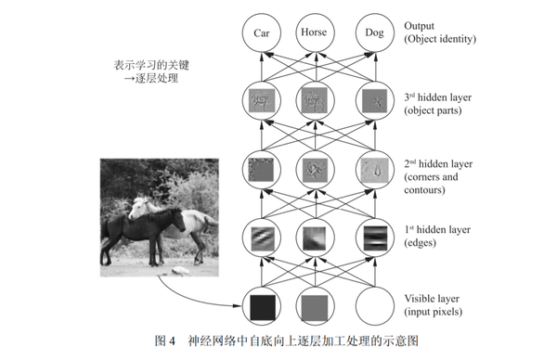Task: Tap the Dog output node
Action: [372, 32]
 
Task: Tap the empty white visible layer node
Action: [372, 305]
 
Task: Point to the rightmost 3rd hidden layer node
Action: [372, 99]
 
